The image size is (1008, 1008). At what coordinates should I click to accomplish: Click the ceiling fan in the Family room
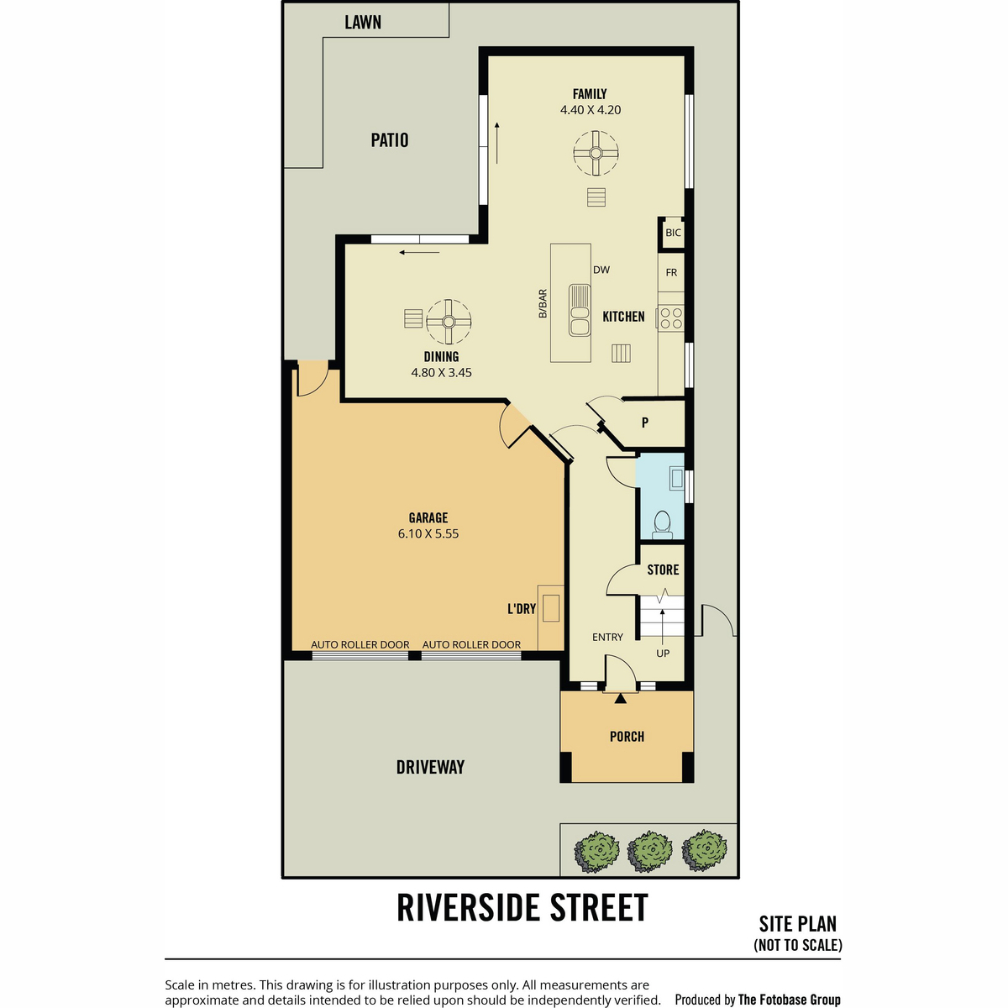point(596,153)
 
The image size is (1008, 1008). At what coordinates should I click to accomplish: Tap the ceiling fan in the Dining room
point(449,321)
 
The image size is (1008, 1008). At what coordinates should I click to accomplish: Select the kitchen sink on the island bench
point(580,310)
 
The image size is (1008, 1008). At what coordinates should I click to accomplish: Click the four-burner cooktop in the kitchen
point(670,318)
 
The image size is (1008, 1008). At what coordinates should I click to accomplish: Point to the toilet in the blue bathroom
point(662,524)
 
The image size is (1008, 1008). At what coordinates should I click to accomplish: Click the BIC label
point(673,233)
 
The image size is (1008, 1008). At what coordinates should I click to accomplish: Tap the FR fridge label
point(671,272)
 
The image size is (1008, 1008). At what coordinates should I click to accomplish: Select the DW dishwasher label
point(601,270)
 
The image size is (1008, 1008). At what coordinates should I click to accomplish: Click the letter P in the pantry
point(645,423)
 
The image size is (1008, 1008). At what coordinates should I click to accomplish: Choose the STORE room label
point(663,570)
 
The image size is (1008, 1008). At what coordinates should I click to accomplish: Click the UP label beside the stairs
point(663,654)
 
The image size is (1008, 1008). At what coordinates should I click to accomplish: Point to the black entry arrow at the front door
point(621,698)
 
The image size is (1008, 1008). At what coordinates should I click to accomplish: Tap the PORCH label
point(627,737)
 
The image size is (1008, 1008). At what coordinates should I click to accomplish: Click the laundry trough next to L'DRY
point(551,608)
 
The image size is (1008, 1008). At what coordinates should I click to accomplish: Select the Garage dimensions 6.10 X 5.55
point(428,533)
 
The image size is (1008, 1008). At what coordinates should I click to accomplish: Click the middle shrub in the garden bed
point(649,851)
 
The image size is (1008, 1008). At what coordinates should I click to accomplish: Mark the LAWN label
point(363,22)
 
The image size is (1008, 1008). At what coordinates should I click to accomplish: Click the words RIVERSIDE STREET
point(522,907)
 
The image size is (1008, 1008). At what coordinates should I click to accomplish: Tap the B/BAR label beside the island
point(543,303)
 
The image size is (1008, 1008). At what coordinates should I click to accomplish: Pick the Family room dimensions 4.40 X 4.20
point(590,110)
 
